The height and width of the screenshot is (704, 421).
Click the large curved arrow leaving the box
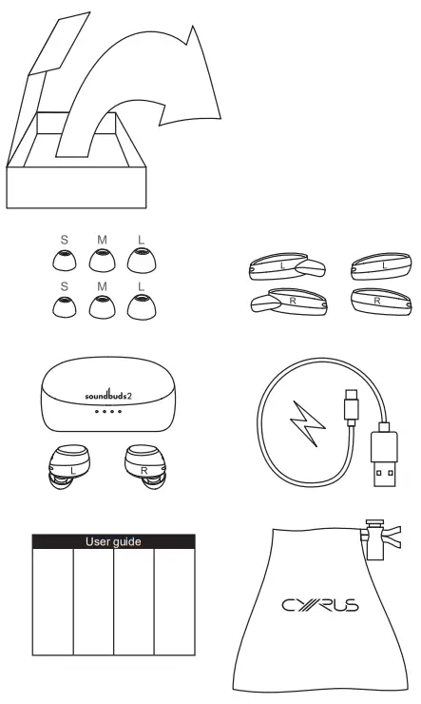pyautogui.click(x=143, y=86)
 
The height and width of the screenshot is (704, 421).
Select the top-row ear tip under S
pyautogui.click(x=63, y=259)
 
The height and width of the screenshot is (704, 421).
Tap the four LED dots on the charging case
pyautogui.click(x=105, y=412)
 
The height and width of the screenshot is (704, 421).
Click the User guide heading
pyautogui.click(x=113, y=541)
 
